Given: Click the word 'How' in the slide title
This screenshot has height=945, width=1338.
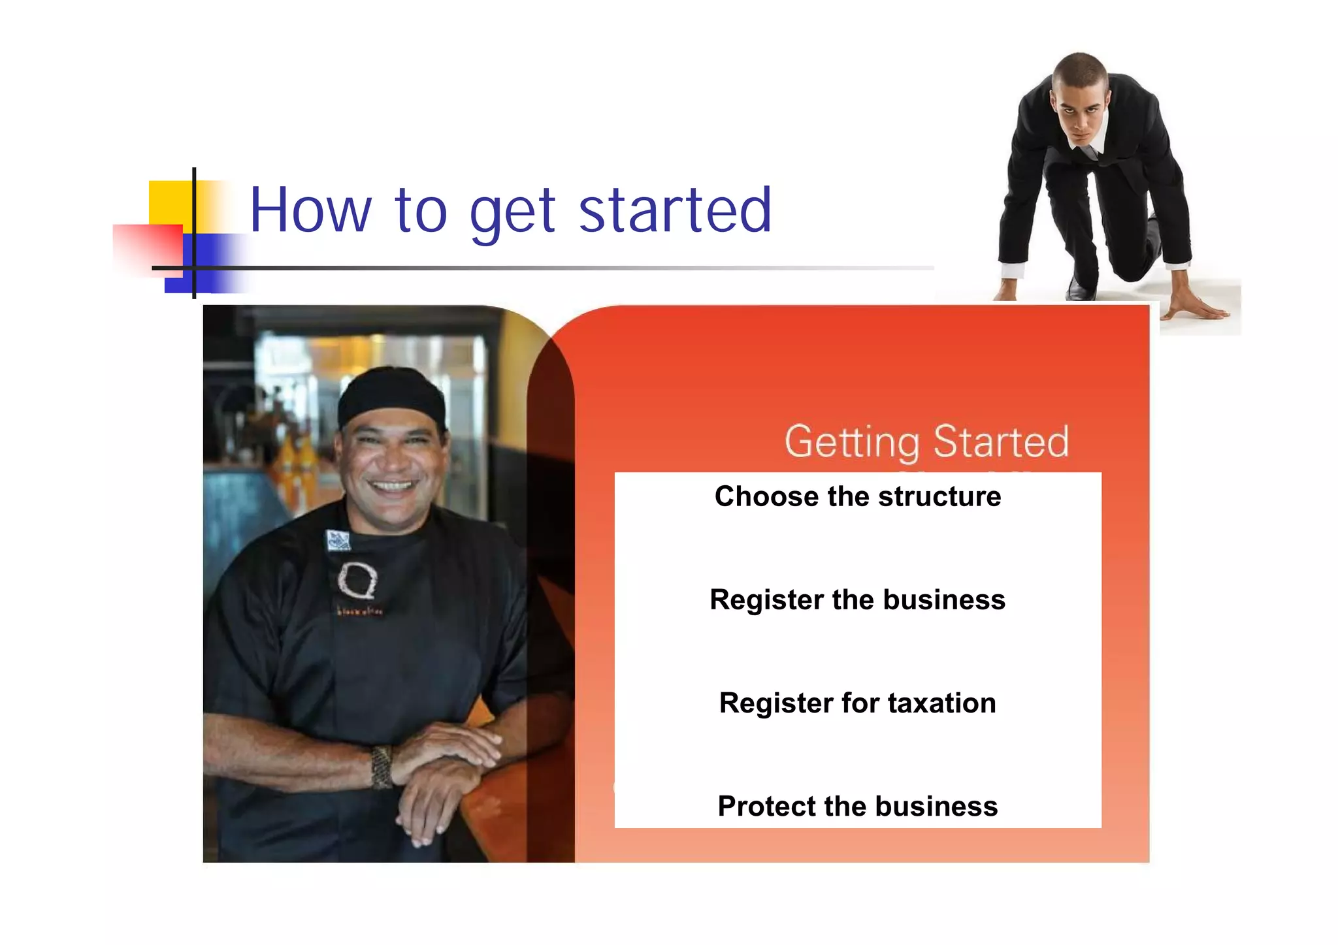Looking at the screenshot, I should pos(310,210).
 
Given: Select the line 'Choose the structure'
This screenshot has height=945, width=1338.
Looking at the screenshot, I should pos(857,496).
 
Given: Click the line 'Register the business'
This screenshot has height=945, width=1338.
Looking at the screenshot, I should pos(857,600).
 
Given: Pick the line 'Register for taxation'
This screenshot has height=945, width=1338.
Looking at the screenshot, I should pos(857,703).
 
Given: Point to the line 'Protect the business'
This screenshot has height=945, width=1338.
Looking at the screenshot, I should pos(857,806).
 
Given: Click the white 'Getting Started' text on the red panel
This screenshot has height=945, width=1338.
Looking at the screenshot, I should pos(926,441).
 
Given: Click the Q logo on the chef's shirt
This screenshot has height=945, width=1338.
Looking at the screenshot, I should pos(357,580).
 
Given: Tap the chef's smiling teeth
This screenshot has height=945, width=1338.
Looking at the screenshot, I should pos(392,486).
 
